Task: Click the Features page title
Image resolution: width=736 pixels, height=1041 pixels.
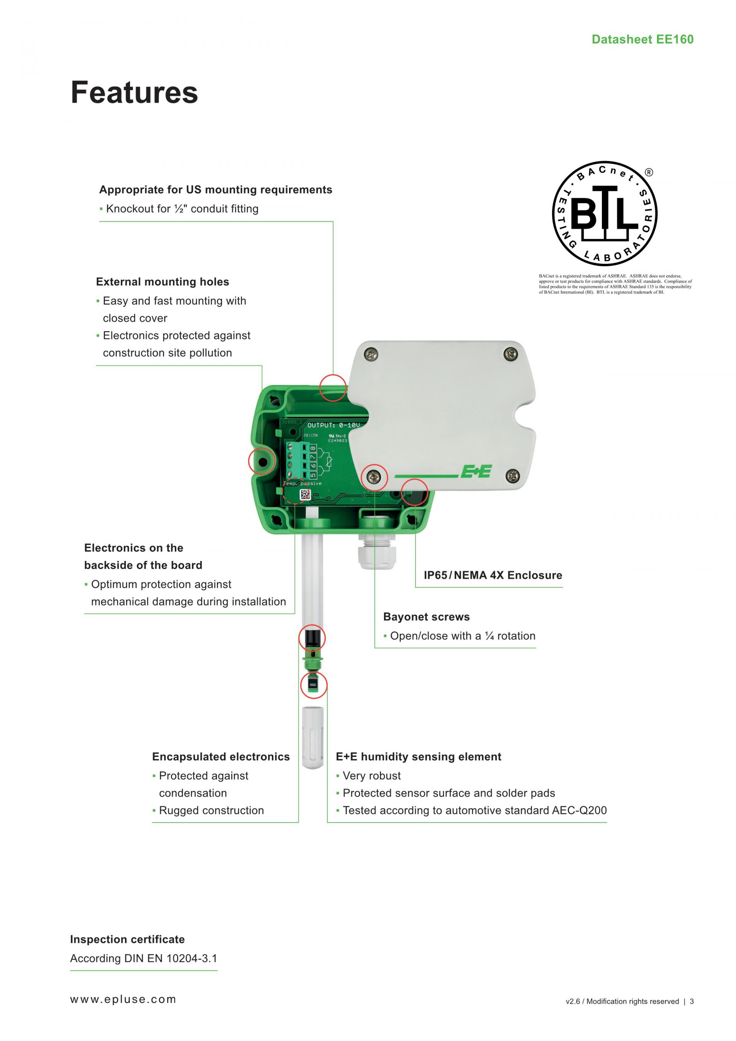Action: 134,92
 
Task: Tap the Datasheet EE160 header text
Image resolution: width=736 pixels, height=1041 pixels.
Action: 642,39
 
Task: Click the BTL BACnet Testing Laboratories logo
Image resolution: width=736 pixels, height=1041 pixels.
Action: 605,214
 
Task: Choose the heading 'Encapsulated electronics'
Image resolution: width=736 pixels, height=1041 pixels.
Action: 221,757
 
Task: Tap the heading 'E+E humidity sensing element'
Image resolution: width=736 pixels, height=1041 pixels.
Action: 418,757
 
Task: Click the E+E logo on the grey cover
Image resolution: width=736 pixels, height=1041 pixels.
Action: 476,472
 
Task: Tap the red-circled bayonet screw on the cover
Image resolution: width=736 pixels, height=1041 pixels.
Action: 375,477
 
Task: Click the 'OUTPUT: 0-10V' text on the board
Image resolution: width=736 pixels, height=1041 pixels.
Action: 333,425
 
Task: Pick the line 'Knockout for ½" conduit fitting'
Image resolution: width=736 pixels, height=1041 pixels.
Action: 182,209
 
